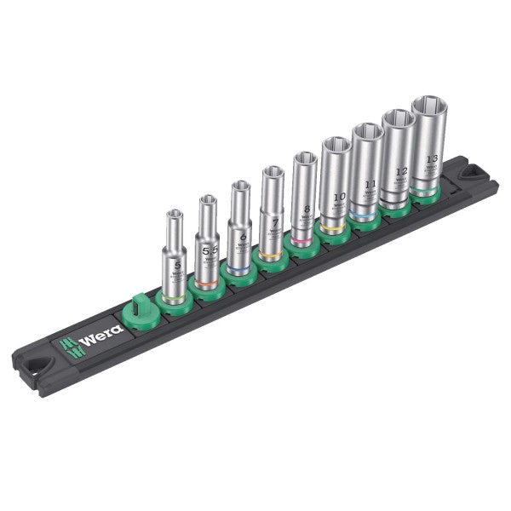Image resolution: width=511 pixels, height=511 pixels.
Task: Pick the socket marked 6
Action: pyautogui.click(x=239, y=230)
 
